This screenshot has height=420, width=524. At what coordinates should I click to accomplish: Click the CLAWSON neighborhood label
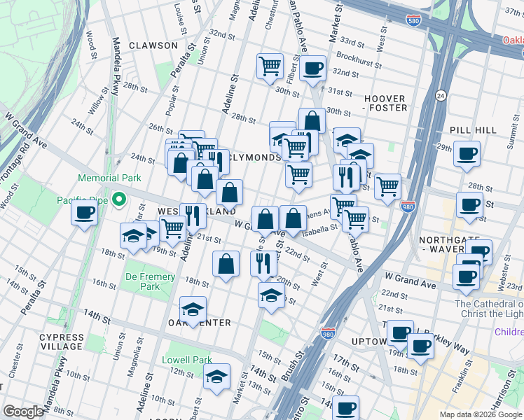pyautogui.click(x=153, y=45)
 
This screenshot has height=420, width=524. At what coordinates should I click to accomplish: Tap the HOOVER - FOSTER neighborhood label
pyautogui.click(x=385, y=104)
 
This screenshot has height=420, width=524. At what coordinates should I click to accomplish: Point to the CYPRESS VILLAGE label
pyautogui.click(x=61, y=342)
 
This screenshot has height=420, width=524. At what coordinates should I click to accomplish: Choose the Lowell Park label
pyautogui.click(x=187, y=360)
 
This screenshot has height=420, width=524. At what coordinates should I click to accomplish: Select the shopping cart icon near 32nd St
pyautogui.click(x=270, y=66)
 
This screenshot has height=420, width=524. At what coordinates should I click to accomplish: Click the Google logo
pyautogui.click(x=24, y=412)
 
